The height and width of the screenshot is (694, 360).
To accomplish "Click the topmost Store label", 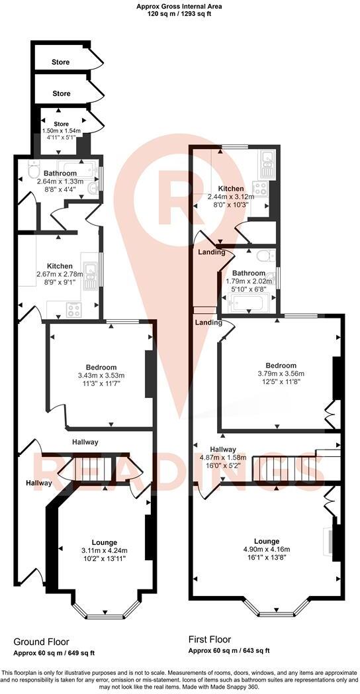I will (x=61, y=62).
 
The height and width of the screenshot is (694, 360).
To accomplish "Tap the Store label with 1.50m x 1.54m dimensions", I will (x=61, y=123).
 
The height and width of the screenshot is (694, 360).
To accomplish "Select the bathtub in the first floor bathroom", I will (x=248, y=304).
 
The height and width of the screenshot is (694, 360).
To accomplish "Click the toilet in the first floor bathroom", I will (x=265, y=256).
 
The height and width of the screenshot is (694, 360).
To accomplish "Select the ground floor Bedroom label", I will (x=101, y=368).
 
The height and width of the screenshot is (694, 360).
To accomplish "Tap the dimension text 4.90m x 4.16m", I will (x=266, y=550).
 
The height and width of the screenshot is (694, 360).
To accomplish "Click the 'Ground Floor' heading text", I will (x=41, y=642).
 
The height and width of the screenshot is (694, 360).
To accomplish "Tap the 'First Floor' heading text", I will (x=209, y=640).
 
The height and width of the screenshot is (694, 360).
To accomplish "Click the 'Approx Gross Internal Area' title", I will (x=179, y=5).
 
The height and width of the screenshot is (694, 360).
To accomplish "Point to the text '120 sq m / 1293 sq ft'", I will (x=179, y=13).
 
